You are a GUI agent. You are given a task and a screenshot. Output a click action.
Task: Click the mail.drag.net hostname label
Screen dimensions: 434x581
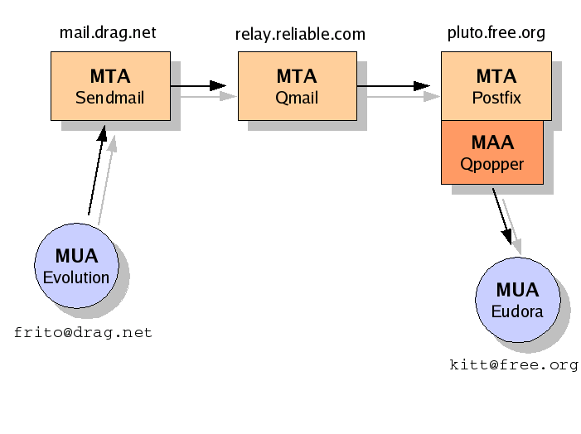(x=108, y=33)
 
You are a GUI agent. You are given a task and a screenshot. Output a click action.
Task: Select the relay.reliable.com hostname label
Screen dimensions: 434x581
(x=300, y=34)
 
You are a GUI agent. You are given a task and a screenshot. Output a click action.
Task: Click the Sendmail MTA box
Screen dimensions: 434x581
(x=110, y=86)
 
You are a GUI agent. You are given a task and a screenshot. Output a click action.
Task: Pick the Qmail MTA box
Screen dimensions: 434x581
(x=297, y=86)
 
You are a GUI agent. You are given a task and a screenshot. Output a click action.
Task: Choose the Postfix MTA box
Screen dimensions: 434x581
(x=496, y=86)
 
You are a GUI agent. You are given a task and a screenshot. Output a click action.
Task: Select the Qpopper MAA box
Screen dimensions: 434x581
(x=491, y=152)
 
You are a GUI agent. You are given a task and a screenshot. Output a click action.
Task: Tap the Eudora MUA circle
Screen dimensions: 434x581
(x=517, y=300)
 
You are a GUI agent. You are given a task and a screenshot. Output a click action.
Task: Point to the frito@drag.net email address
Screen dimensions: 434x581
(x=83, y=333)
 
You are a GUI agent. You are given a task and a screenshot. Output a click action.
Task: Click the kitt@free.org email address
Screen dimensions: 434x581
(x=514, y=364)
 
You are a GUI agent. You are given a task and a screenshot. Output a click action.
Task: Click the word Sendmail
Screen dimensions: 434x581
(x=110, y=98)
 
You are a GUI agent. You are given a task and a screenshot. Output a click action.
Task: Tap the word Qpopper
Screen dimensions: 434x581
(x=491, y=164)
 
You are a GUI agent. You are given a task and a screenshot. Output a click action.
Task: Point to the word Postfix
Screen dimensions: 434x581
(x=496, y=98)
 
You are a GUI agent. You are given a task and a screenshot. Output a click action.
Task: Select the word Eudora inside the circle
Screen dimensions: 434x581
(x=517, y=312)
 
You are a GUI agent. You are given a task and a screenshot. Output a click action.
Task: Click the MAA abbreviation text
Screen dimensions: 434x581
(x=491, y=142)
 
